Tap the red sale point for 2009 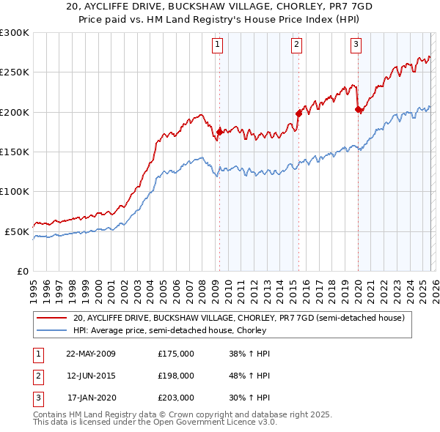(219, 132)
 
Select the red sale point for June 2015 (298, 113)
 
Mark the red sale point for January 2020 (358, 110)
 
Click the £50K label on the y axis (18, 231)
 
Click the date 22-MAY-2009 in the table (91, 353)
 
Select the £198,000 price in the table (176, 376)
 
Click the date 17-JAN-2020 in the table (91, 398)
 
